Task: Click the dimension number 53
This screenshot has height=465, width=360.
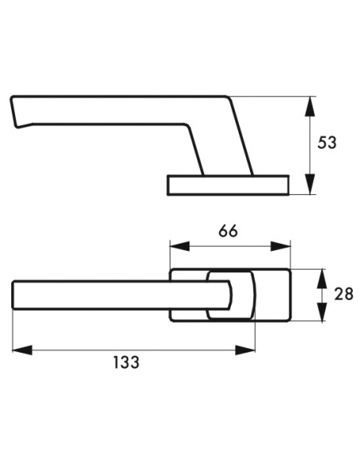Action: pos(327,143)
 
